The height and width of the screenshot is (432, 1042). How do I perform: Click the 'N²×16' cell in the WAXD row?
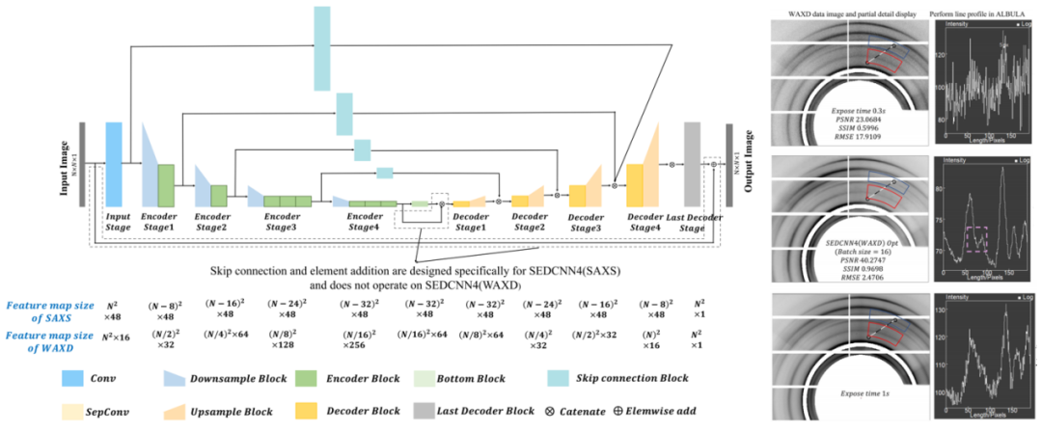tap(115, 337)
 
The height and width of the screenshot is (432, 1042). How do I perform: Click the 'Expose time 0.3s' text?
tap(850, 112)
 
